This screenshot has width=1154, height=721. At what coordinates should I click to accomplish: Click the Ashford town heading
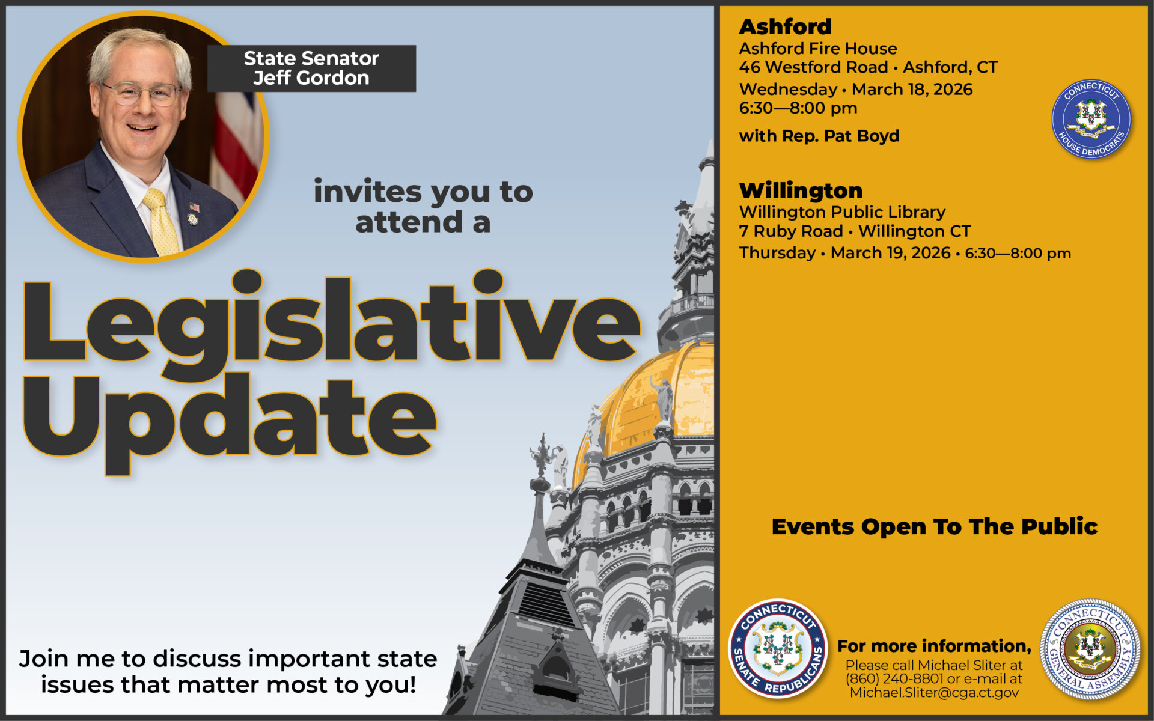click(x=785, y=26)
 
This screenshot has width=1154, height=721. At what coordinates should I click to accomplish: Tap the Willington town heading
click(x=801, y=190)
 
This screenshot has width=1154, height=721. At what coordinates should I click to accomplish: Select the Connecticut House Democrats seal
click(x=1091, y=119)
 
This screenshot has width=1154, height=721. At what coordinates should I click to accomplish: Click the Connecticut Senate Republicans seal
click(x=778, y=648)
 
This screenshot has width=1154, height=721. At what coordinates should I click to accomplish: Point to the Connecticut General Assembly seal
click(x=1090, y=649)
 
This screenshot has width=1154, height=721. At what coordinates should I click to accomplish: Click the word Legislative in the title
click(x=331, y=324)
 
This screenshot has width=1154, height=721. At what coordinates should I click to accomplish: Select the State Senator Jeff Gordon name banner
click(x=311, y=68)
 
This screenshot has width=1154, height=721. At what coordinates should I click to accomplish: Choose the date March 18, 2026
click(x=912, y=90)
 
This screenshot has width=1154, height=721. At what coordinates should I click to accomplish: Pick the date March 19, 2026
click(x=890, y=253)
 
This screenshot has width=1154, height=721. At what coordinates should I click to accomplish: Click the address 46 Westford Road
click(x=813, y=67)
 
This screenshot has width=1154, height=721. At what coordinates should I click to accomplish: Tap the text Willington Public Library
click(x=842, y=212)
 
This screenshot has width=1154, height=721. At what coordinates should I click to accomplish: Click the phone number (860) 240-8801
click(x=894, y=679)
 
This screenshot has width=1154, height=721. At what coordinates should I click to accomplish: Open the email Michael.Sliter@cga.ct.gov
click(x=934, y=693)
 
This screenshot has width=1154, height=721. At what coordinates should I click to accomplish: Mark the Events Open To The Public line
click(x=935, y=526)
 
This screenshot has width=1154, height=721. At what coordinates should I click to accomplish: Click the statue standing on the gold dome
click(x=663, y=400)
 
